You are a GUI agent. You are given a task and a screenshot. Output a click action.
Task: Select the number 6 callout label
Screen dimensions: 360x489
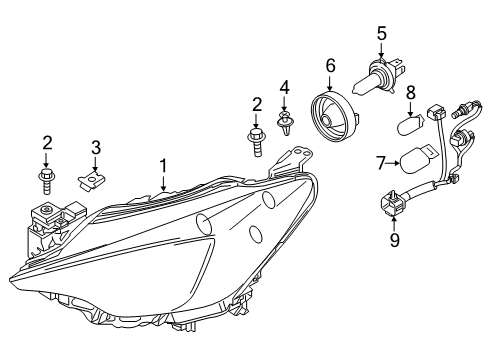330,65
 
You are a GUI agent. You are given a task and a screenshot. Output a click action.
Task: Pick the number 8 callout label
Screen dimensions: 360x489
410,93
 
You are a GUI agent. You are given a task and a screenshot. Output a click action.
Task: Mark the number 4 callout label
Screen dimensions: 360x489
284,87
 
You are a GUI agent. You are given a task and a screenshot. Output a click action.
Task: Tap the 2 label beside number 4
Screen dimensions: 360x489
257,103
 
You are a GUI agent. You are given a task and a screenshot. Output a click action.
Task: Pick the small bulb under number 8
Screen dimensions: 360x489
410,128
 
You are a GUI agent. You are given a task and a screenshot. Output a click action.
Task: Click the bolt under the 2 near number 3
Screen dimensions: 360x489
46,180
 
